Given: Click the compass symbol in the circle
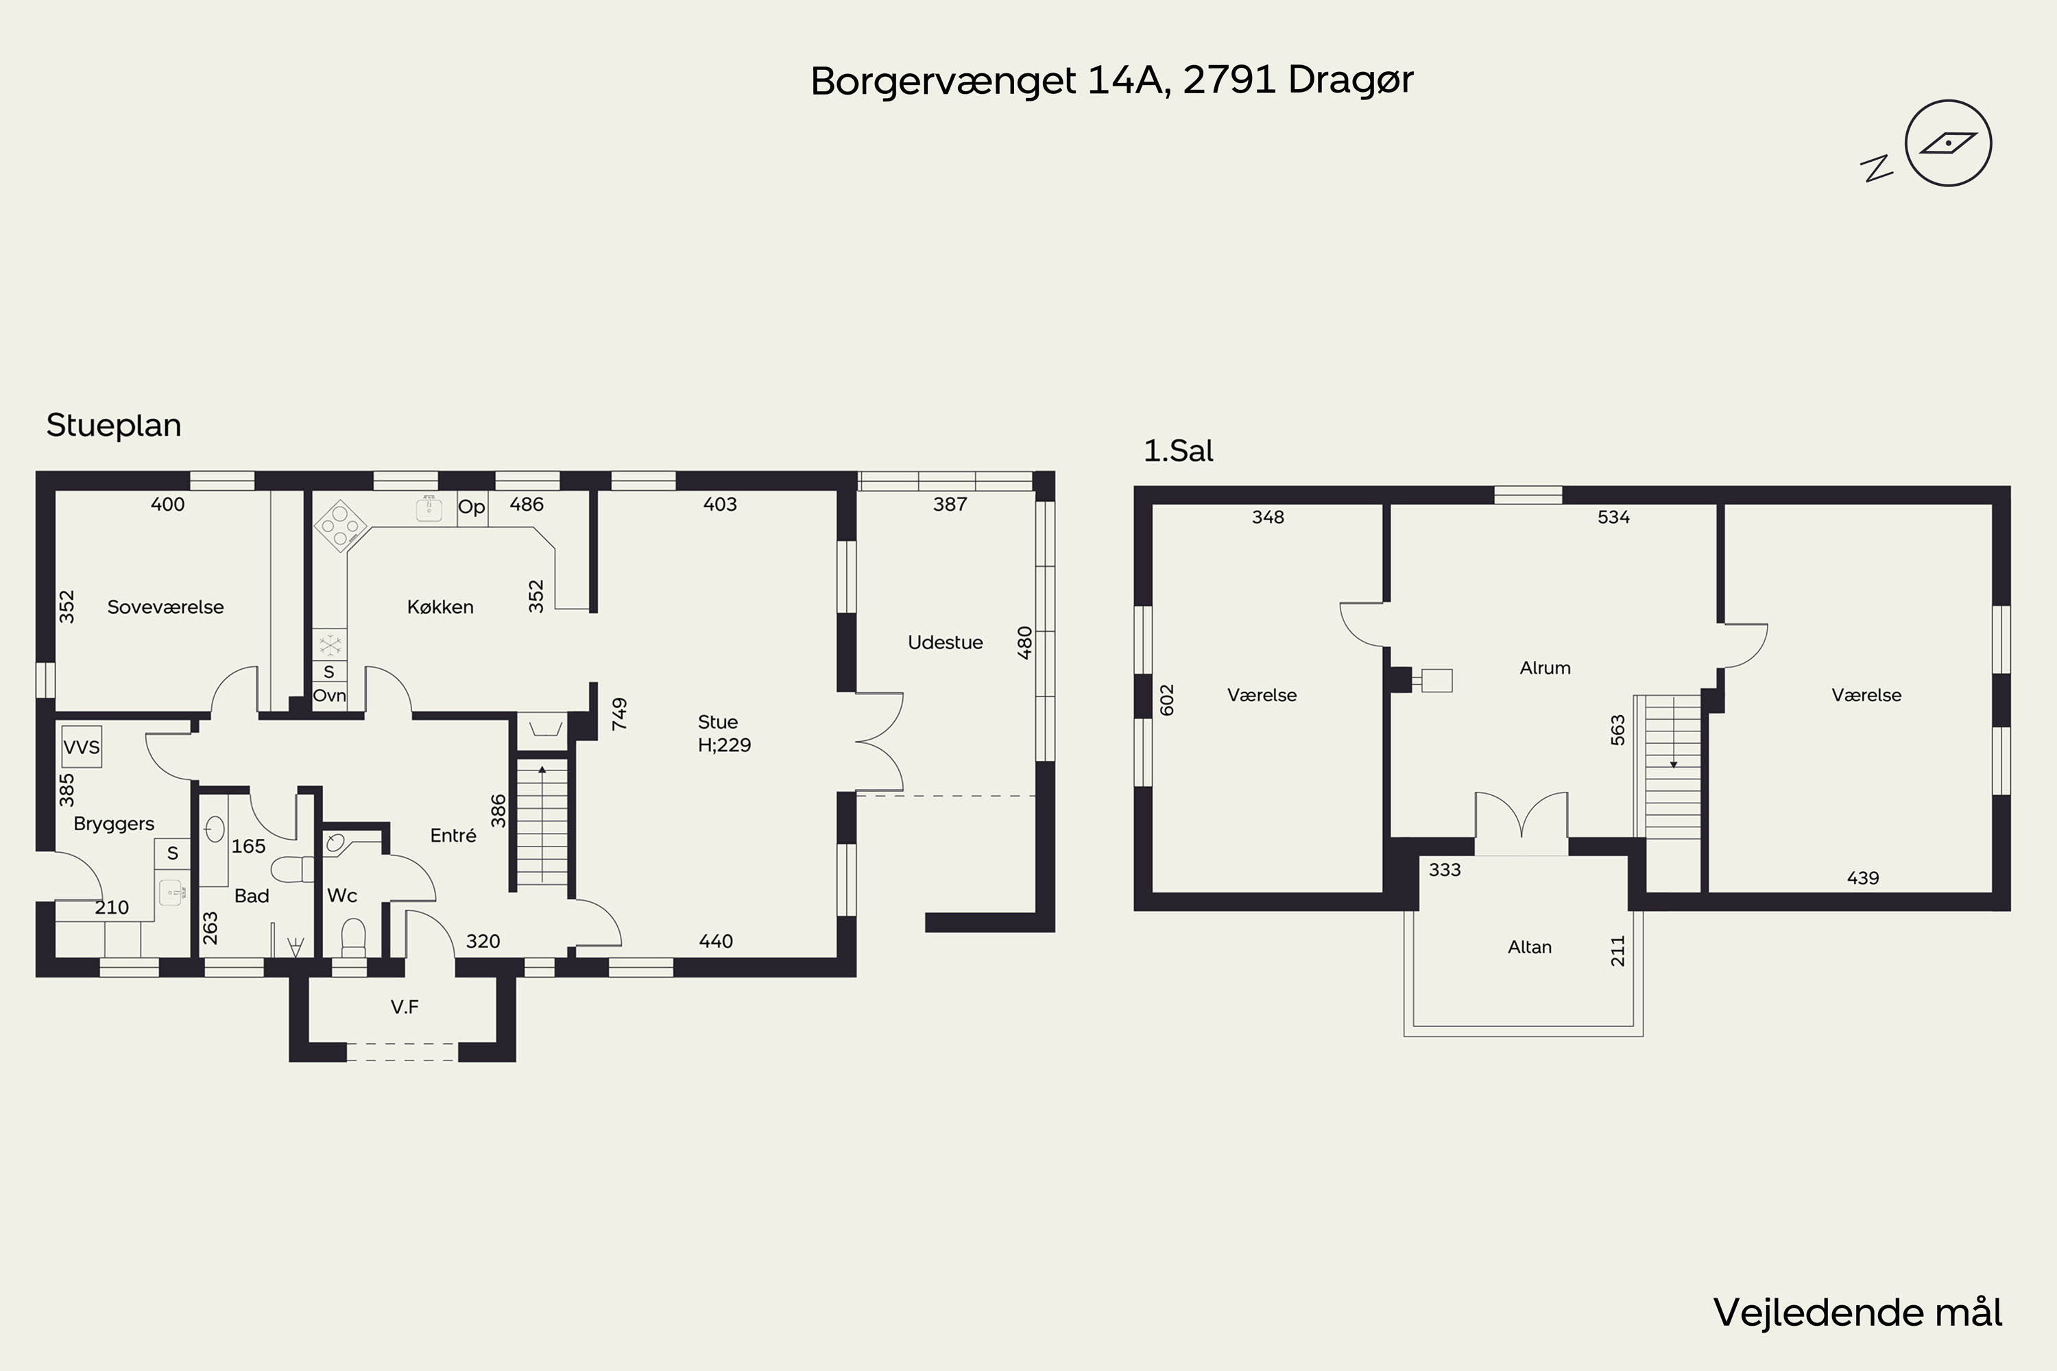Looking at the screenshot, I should (1948, 143).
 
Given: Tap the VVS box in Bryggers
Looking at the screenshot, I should (82, 747).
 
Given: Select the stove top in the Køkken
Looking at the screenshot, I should (339, 526).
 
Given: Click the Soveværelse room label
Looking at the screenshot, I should (165, 607).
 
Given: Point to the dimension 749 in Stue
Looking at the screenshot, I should (619, 714).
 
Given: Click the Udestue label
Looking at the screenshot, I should (945, 643).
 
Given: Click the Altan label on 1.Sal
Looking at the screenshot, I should (1530, 947).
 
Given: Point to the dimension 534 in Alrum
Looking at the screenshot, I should (1613, 517).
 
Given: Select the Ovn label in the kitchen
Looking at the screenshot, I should (330, 696).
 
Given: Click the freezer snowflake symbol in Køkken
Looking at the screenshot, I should (330, 645).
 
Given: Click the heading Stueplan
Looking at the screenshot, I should (114, 425).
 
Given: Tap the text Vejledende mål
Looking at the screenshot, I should (1857, 1313).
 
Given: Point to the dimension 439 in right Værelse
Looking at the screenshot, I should (1863, 878).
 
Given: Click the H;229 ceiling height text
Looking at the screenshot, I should (724, 745).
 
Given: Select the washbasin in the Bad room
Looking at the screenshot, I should (214, 829).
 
